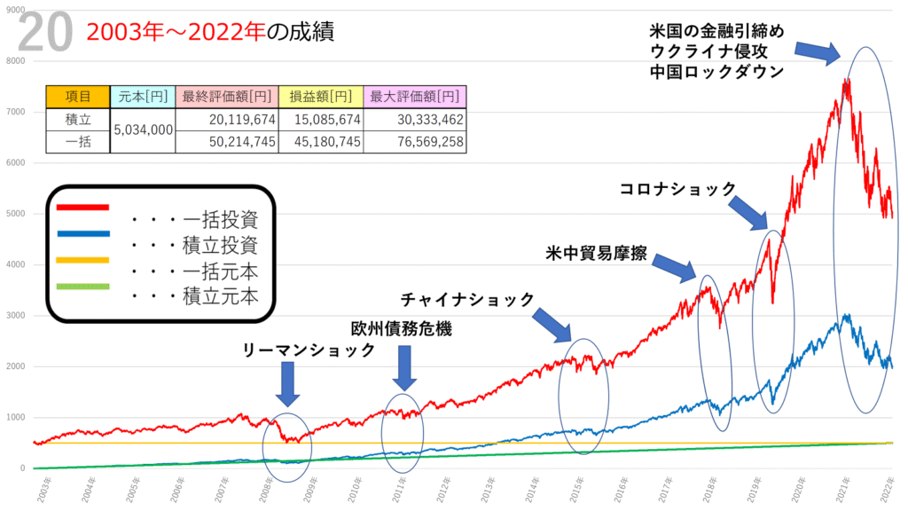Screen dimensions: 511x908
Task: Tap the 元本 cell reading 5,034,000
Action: click(142, 130)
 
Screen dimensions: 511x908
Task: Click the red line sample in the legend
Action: click(82, 208)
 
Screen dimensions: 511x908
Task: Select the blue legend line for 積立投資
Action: click(82, 233)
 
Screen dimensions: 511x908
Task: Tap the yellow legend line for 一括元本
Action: click(82, 259)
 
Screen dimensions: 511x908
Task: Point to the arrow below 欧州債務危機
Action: click(403, 366)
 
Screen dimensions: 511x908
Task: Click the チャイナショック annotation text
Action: click(467, 299)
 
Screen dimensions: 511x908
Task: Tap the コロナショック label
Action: click(677, 189)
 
